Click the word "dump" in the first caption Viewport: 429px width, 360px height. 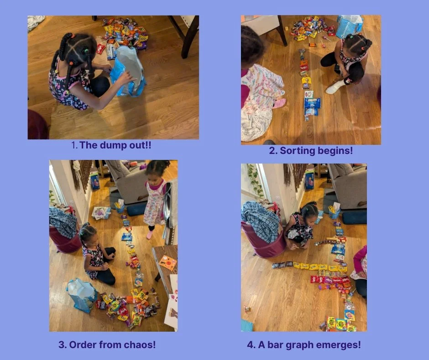[x=113, y=145]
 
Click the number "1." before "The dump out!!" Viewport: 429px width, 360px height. [x=74, y=145]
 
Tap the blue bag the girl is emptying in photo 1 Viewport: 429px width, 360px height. [x=127, y=71]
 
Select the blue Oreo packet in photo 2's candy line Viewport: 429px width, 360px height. [x=312, y=103]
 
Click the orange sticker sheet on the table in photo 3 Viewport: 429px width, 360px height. [x=168, y=262]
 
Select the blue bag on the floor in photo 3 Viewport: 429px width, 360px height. [x=82, y=295]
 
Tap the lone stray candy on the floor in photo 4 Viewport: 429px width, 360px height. [x=248, y=309]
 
